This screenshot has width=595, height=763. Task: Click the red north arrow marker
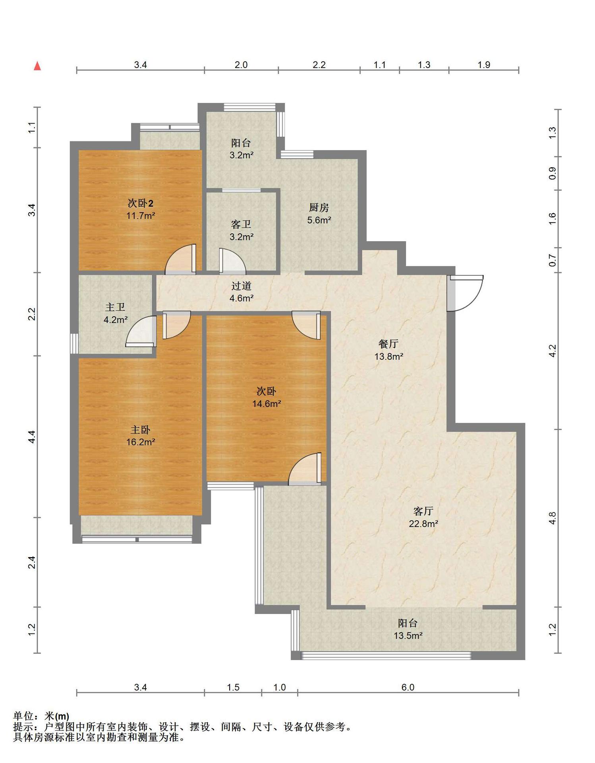pyautogui.click(x=37, y=66)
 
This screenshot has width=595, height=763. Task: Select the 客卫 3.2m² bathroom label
pyautogui.click(x=241, y=230)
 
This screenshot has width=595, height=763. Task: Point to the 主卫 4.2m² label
pyautogui.click(x=116, y=313)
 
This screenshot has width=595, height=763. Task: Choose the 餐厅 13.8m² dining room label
pyautogui.click(x=389, y=350)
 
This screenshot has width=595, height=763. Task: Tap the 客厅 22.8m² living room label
pyautogui.click(x=423, y=517)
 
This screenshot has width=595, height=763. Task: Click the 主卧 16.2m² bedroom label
pyautogui.click(x=141, y=436)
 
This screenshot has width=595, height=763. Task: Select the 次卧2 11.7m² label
pyautogui.click(x=141, y=209)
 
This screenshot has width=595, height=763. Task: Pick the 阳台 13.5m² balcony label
pyautogui.click(x=408, y=629)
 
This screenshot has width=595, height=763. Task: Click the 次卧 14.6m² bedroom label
pyautogui.click(x=267, y=397)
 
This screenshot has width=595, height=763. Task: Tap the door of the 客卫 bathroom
pyautogui.click(x=232, y=261)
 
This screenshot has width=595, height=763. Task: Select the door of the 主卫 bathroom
pyautogui.click(x=141, y=331)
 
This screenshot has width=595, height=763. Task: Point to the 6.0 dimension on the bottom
pyautogui.click(x=408, y=687)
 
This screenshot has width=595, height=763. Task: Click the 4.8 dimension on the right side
pyautogui.click(x=552, y=518)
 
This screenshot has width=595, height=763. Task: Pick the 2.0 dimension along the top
pyautogui.click(x=241, y=65)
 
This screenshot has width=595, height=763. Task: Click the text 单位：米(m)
pyautogui.click(x=41, y=716)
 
